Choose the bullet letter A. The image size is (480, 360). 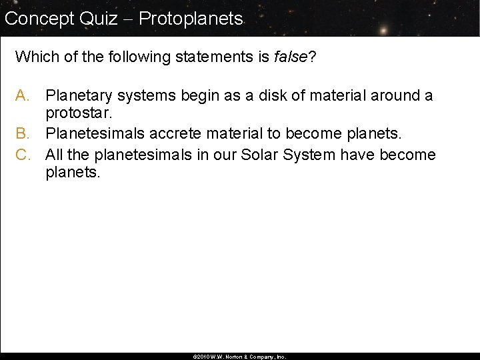point(22,96)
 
